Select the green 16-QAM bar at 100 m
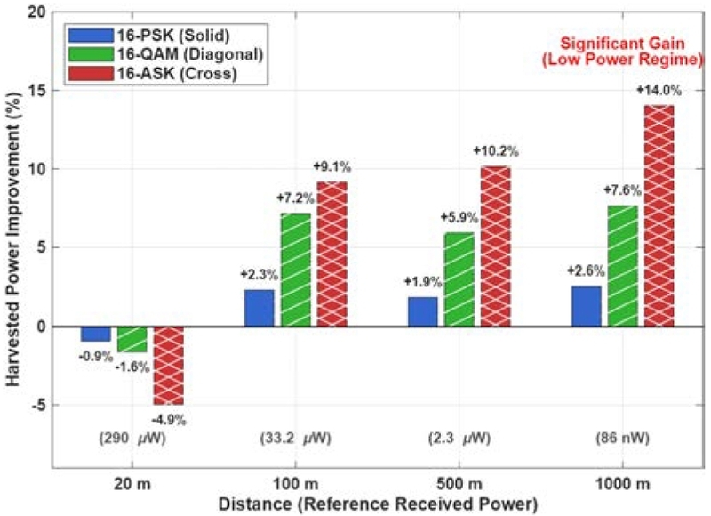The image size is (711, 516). click(295, 270)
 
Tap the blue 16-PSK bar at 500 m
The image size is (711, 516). click(422, 311)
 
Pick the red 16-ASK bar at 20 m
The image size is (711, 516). click(168, 366)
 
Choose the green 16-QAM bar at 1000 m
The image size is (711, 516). click(622, 266)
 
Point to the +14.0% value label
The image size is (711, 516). click(659, 91)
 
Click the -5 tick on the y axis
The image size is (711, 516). click(39, 405)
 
